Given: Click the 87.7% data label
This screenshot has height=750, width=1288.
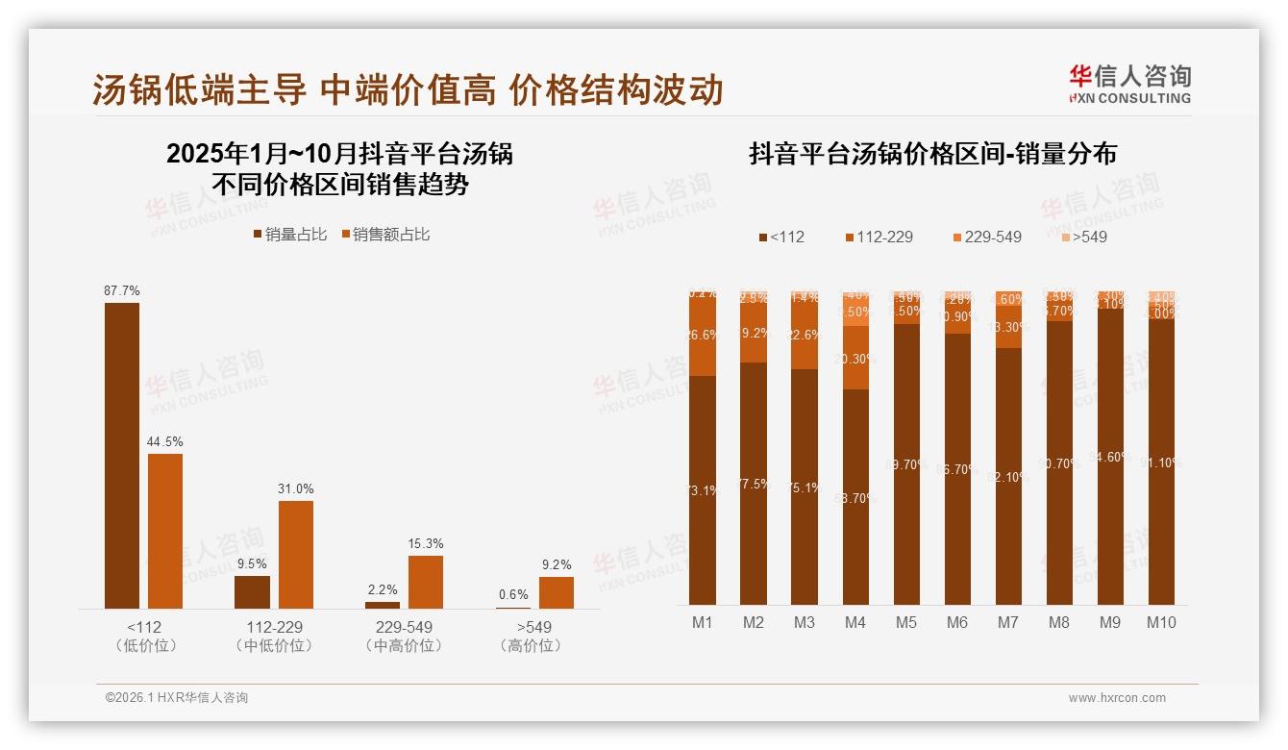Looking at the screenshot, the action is (122, 290).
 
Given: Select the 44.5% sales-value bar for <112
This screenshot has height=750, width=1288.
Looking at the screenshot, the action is (165, 531).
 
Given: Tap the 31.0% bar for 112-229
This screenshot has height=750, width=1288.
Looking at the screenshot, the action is (296, 555).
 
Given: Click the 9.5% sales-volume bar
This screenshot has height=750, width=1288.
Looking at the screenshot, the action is (252, 591).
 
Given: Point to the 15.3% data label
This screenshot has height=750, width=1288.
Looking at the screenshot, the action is (426, 544).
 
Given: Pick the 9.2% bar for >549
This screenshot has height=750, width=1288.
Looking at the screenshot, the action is (556, 592).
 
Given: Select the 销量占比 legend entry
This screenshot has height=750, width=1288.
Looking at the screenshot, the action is (290, 234).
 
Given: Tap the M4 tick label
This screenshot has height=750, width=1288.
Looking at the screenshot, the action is (855, 622).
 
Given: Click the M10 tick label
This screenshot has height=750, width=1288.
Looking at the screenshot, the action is (1160, 622).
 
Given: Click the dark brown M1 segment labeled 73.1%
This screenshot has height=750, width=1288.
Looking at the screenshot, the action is (703, 490).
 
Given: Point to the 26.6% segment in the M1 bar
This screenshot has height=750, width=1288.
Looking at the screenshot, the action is (703, 336).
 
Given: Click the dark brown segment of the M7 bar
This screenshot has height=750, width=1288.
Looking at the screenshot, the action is (1008, 476).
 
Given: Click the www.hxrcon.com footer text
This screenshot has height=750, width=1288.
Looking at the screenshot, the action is (1117, 698).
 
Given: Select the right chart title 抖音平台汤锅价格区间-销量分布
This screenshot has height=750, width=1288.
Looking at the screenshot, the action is (932, 154).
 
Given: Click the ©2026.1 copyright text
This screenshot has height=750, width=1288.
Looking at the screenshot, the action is (176, 698).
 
